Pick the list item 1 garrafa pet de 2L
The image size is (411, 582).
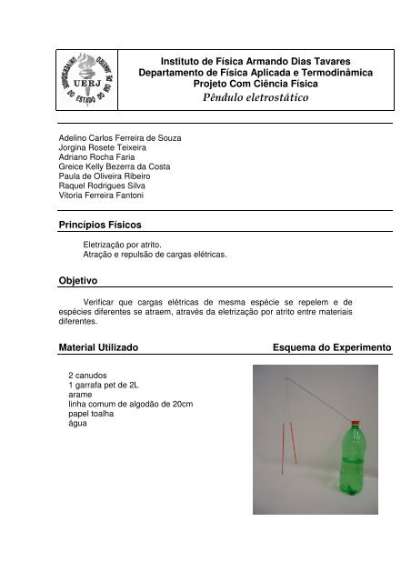pos(104,385)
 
